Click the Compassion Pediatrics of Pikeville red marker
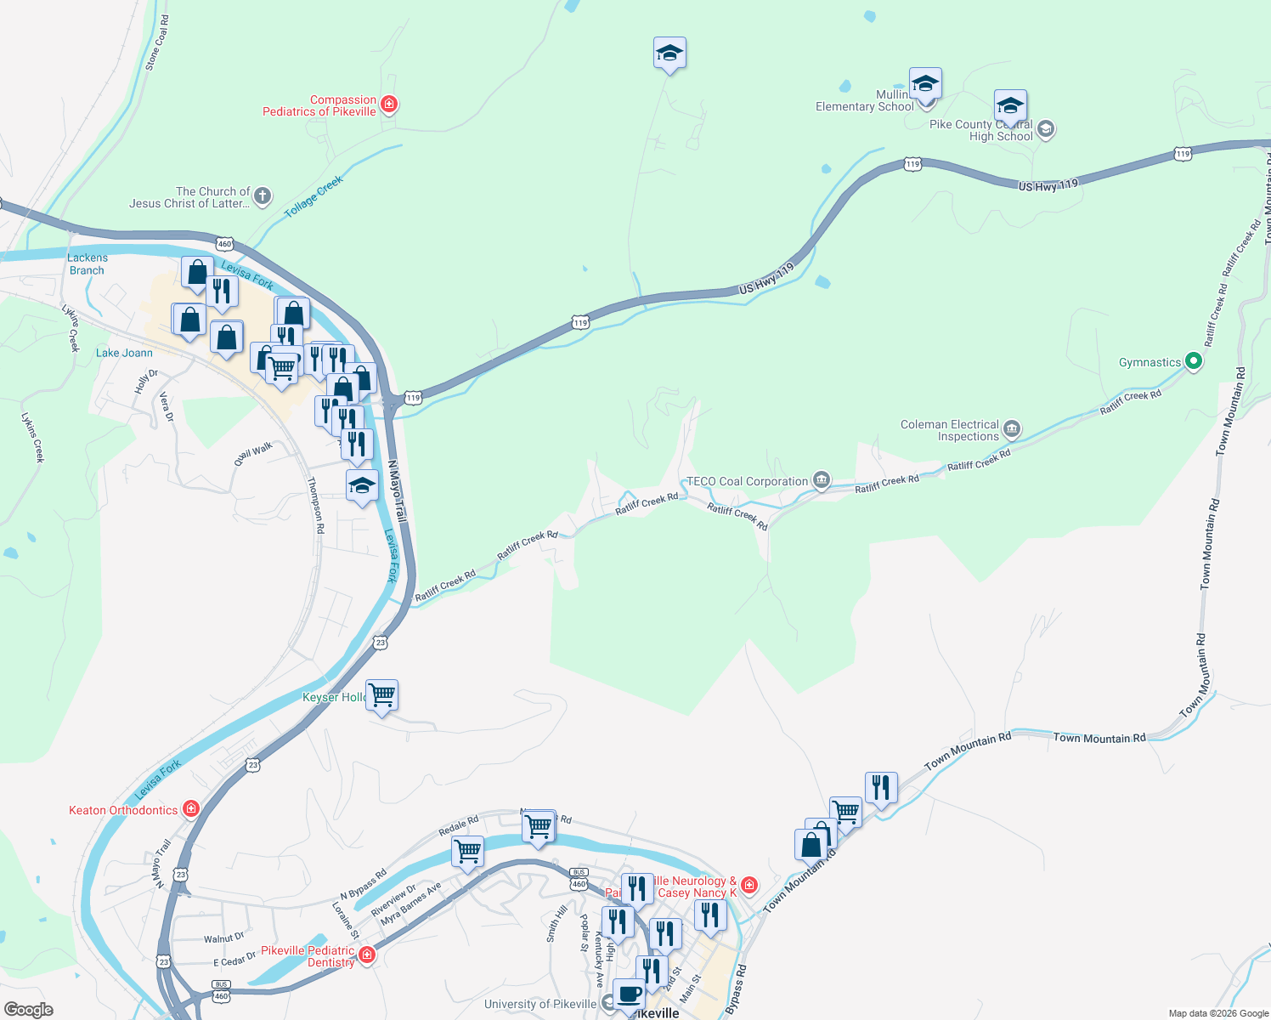coord(389,105)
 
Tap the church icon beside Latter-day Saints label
coord(263,197)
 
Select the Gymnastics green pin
coord(1193,362)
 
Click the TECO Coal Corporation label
coord(747,481)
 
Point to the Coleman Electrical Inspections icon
coord(1011,429)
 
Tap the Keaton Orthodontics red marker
coord(191,809)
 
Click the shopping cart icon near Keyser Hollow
coord(382,695)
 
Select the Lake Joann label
coord(124,353)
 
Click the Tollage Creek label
coord(314,196)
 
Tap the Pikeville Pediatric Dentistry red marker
coord(367,955)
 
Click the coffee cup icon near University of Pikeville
coord(629,994)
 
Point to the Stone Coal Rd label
coord(156,42)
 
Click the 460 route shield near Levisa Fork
coord(224,244)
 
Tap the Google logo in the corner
coord(28,1009)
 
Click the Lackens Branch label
coord(87,263)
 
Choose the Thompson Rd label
coord(315,505)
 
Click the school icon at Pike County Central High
coord(1046,129)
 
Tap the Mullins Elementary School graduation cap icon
coord(924,84)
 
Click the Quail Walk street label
coord(254,453)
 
